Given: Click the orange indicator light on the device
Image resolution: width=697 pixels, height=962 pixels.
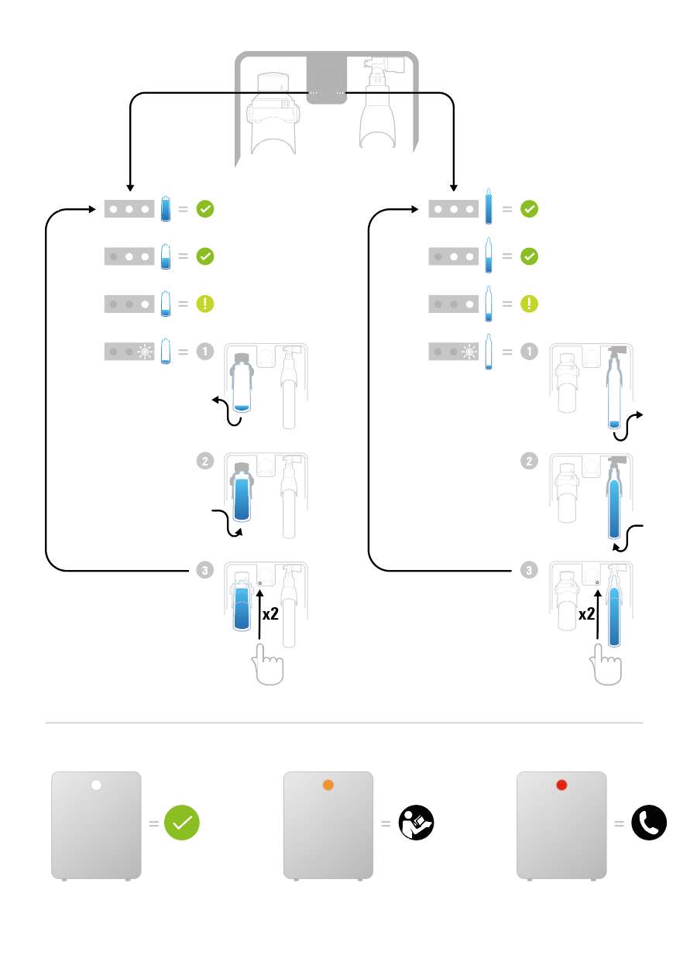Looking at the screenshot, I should click(328, 785).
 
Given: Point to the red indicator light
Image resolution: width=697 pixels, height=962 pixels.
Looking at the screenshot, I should click(561, 785).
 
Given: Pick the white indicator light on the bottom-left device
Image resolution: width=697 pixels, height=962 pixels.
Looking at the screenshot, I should click(96, 785).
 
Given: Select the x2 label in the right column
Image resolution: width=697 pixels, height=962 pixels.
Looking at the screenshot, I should click(587, 614).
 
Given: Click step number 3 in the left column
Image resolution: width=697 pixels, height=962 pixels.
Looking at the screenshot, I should click(204, 571).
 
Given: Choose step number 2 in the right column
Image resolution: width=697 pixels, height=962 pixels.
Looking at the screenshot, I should click(529, 461).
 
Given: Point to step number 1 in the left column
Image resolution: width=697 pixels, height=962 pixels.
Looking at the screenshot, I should click(204, 351).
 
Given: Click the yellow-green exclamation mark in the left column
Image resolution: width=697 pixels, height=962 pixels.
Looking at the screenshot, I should click(204, 304).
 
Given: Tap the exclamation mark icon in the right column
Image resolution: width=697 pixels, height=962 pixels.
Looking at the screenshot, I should click(529, 304).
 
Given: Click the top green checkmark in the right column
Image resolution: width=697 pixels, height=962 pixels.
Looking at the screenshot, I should click(529, 208).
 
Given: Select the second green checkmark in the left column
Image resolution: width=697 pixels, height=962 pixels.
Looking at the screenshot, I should click(204, 256).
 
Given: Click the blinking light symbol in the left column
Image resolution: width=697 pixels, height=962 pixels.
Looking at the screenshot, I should click(144, 352).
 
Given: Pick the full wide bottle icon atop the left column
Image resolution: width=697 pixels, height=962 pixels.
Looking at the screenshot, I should click(165, 209).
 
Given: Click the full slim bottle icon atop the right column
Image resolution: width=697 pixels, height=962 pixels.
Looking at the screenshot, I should click(488, 207).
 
